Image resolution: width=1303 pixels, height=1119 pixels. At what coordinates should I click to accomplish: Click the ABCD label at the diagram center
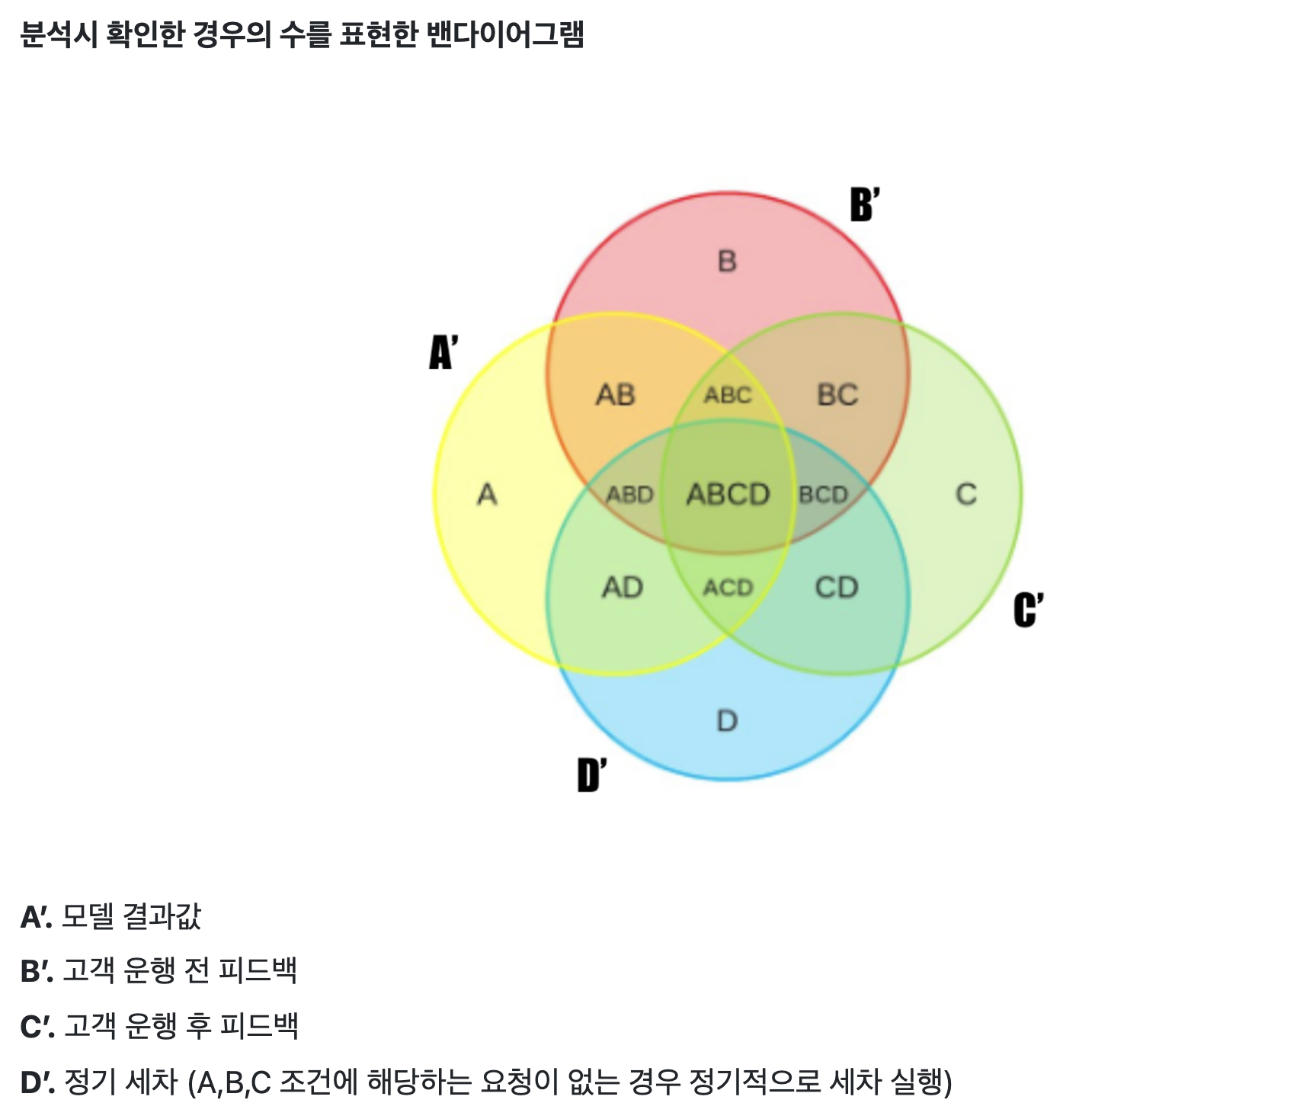click(x=728, y=495)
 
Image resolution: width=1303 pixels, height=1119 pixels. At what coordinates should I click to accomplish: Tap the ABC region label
click(x=728, y=395)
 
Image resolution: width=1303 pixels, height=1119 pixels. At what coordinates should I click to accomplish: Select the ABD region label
click(x=630, y=495)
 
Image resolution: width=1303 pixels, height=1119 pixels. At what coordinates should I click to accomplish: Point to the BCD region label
click(x=824, y=495)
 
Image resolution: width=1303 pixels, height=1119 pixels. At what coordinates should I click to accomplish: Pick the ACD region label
click(x=728, y=588)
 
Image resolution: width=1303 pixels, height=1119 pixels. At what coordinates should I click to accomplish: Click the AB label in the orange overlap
click(x=616, y=395)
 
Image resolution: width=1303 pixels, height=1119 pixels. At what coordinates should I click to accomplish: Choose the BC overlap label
click(x=837, y=395)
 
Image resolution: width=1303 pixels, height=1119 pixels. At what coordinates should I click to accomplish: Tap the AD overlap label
click(x=623, y=588)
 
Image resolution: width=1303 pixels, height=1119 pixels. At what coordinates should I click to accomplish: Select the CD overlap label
click(x=837, y=588)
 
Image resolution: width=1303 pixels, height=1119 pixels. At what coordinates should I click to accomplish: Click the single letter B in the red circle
click(x=728, y=261)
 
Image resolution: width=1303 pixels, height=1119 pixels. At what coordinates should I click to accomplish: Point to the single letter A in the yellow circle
click(x=488, y=495)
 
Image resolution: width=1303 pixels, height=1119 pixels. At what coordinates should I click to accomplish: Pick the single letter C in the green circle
click(x=966, y=495)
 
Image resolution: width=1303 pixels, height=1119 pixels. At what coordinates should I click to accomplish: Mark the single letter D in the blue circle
click(x=728, y=720)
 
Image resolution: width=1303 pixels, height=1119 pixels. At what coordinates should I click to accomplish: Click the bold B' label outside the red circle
click(x=865, y=204)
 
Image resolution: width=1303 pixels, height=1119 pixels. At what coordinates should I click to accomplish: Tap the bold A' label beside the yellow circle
click(x=443, y=352)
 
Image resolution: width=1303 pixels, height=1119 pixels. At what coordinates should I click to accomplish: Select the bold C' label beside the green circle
click(x=1028, y=610)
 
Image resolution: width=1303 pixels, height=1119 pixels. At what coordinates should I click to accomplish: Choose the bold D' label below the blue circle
click(x=592, y=775)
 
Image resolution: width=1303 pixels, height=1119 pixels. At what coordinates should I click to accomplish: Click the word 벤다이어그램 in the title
click(x=505, y=34)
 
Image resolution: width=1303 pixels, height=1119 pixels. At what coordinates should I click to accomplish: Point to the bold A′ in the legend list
click(x=36, y=917)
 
